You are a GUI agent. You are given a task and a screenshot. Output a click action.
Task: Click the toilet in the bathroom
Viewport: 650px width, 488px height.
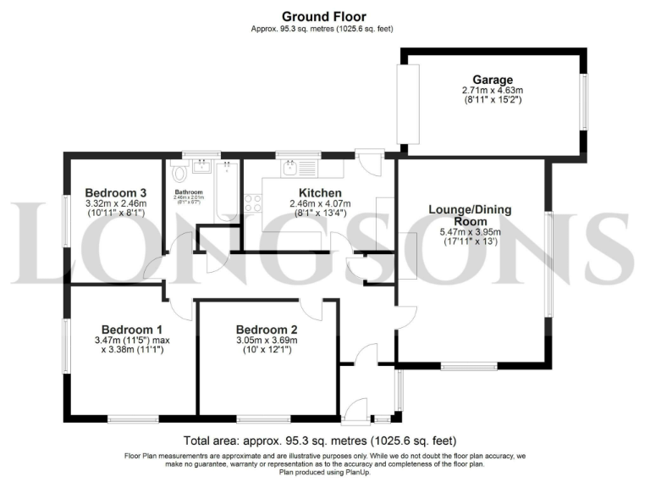(179, 174)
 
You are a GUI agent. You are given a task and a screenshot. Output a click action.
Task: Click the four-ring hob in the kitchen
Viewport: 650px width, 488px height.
(252, 202)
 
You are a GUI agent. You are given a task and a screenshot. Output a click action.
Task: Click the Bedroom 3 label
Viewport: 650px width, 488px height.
(115, 192)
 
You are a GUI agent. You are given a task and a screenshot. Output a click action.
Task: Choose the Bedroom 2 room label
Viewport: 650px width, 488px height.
(267, 330)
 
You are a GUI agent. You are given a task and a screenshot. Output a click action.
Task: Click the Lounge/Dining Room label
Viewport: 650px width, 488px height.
(471, 214)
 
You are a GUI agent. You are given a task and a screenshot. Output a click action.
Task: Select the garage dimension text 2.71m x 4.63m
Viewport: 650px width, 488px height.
(493, 91)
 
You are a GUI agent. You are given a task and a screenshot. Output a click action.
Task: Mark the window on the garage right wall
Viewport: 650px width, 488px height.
(582, 103)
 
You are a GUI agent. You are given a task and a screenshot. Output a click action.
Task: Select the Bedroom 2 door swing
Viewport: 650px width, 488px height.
(312, 309)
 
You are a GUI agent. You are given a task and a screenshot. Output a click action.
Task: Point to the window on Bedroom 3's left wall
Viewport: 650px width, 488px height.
(67, 222)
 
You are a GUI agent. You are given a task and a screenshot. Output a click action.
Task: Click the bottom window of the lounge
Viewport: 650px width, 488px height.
(468, 366)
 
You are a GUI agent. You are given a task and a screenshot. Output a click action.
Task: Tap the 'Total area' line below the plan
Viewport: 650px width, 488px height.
(320, 441)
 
